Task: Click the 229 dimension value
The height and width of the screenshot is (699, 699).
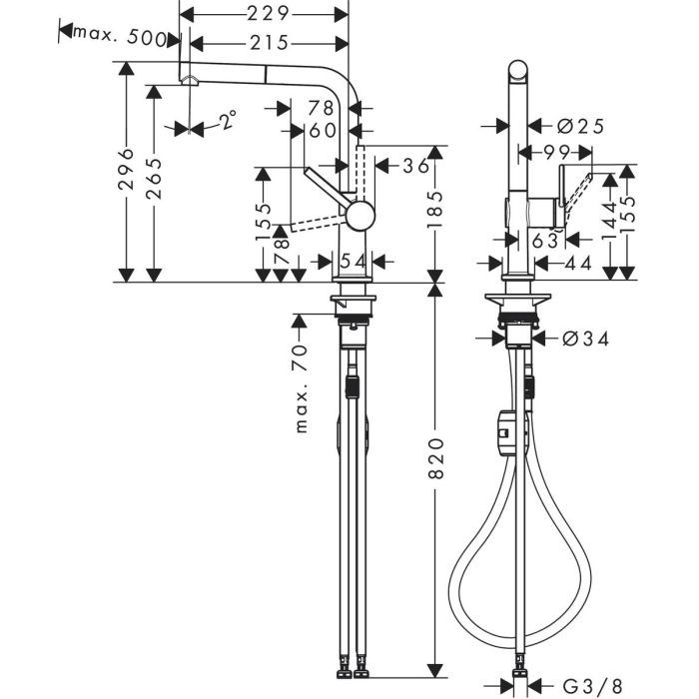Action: point(269,13)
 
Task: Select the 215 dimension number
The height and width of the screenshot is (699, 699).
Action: point(269,43)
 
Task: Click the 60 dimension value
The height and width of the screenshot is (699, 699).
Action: point(323,131)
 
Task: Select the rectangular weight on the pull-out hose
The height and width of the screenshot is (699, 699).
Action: point(505,431)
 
